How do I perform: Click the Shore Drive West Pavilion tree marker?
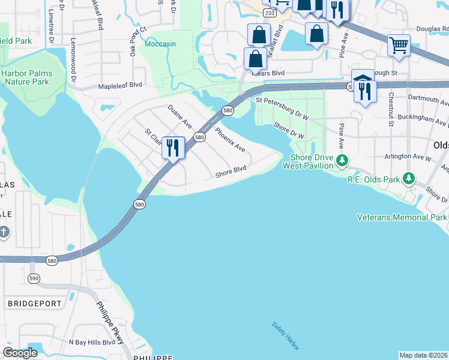click(342, 160)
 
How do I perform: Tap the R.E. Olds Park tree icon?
click(408, 178)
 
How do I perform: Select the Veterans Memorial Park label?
click(402, 217)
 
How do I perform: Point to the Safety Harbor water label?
click(285, 336)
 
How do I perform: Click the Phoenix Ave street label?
click(230, 139)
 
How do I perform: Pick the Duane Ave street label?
click(179, 117)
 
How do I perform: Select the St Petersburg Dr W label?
click(282, 109)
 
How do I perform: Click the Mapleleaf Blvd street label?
click(120, 85)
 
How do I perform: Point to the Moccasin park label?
click(160, 44)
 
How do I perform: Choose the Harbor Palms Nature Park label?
click(26, 77)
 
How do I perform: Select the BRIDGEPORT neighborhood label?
click(35, 304)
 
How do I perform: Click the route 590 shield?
click(33, 278)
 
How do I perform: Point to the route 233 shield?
click(270, 12)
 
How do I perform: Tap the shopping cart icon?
click(399, 45)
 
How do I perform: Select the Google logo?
click(20, 353)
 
